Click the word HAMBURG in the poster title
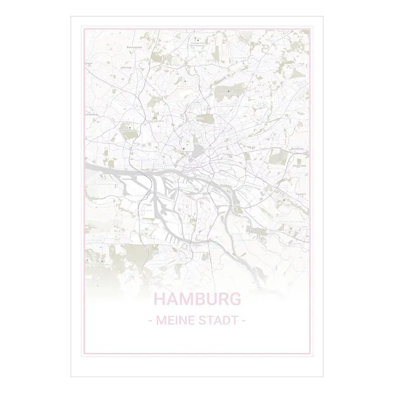[197, 299]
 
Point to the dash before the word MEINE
[150, 321]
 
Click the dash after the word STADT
[243, 321]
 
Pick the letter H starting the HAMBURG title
[161, 299]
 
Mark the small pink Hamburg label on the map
[193, 165]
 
